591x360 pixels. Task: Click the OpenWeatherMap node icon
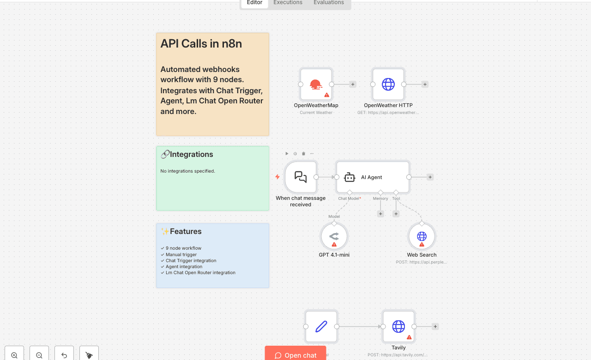coord(316,84)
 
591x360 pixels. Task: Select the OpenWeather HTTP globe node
coord(388,84)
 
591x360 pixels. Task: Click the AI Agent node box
coord(372,177)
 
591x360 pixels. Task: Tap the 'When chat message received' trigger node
coord(301,177)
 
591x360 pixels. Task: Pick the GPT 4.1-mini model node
coord(334,236)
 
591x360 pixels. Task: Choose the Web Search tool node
coord(422,236)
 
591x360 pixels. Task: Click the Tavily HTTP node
coord(398,326)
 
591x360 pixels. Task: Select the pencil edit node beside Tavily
coord(321,326)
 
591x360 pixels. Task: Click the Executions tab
coord(288,3)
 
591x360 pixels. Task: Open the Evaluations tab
coord(328,3)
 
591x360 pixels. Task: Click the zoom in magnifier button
coord(14,355)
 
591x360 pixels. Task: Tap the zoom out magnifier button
coord(39,355)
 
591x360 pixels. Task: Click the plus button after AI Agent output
coord(430,177)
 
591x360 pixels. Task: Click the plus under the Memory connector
coord(380,214)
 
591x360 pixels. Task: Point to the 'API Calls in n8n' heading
coord(201,44)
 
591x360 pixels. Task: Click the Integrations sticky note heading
coord(191,155)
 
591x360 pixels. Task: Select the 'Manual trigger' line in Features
coord(181,254)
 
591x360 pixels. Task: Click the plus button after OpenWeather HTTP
coord(425,84)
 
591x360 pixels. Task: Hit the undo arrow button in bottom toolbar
coord(64,355)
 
